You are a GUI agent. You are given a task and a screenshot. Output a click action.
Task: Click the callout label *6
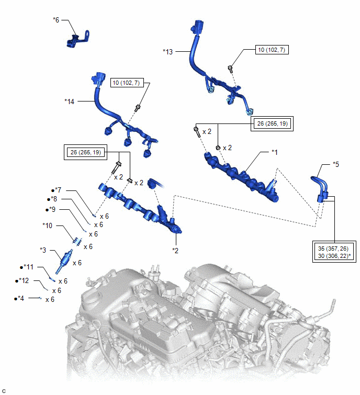point(56,20)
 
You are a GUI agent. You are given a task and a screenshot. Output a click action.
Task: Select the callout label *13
point(167,51)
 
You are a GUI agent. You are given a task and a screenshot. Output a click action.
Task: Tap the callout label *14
point(70,101)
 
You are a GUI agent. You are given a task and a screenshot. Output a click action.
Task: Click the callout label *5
point(336,164)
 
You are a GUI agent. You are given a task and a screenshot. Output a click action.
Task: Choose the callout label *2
point(176,251)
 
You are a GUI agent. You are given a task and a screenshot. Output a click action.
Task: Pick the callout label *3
point(43,249)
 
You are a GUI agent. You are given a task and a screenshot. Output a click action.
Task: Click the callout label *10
point(48,225)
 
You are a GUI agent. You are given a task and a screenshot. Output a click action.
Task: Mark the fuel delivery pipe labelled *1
point(241,175)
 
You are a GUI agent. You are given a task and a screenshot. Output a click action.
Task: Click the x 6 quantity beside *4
point(50,300)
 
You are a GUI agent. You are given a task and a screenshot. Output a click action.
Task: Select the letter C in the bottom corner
point(4,390)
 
